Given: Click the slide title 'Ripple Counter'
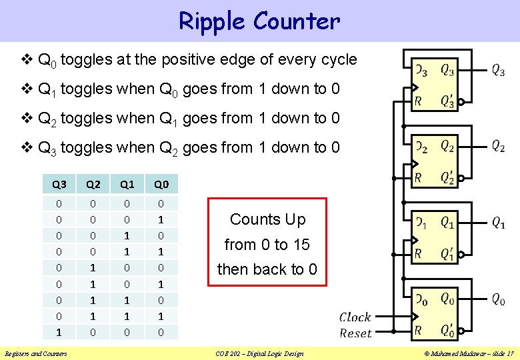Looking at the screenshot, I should point(259,21).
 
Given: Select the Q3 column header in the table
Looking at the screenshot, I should point(59,185).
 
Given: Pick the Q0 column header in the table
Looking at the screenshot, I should point(161,185).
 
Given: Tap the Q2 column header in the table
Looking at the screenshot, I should point(93,185).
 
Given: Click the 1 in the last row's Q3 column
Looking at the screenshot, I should point(59,332).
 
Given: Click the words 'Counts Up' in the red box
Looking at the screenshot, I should point(267,219).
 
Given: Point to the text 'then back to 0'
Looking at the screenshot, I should point(267,269).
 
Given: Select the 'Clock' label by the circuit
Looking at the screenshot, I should point(355,317).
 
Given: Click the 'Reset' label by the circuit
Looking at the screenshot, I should point(355,333).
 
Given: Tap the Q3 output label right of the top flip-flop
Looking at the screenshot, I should point(497,70).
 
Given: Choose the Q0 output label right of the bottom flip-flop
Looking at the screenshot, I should point(497,300).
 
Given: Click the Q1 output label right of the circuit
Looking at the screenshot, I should point(497,223).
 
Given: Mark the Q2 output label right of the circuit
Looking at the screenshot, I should point(497,147).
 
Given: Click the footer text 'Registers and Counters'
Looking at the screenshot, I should point(35,353).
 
